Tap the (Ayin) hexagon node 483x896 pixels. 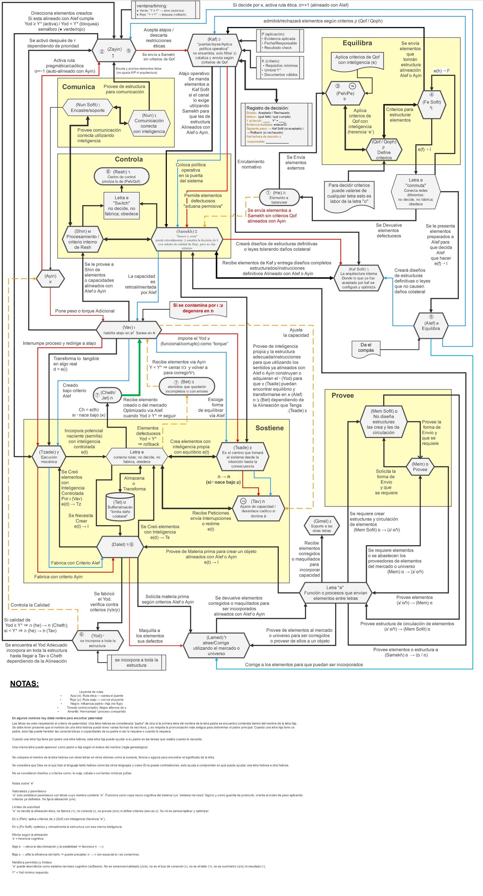tap(50, 278)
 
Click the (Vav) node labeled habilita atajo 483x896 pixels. tap(129, 330)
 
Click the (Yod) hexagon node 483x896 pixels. tap(97, 640)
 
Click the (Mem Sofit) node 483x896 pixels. tap(383, 421)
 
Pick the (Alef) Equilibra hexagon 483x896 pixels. tap(430, 325)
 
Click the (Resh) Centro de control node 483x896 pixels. tap(121, 176)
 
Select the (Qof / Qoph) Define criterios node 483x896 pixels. tap(384, 150)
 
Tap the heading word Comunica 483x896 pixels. tap(78, 87)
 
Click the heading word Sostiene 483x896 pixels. tap(269, 428)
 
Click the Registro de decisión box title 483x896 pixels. tap(267, 108)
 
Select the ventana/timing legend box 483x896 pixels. tap(165, 10)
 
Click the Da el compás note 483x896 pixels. tap(366, 347)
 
